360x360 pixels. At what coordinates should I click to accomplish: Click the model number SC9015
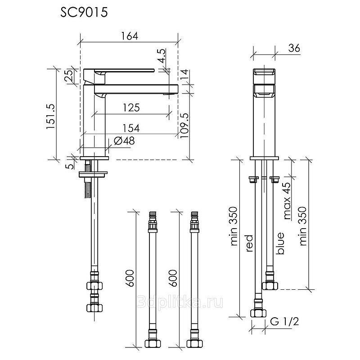[84, 13]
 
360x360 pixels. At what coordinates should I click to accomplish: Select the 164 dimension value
[130, 36]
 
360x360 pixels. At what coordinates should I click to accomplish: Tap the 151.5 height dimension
[51, 117]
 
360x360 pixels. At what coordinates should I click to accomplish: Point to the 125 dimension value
[131, 108]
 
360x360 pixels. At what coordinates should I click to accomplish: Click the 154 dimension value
[131, 128]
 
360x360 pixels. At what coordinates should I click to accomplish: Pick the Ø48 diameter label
[124, 141]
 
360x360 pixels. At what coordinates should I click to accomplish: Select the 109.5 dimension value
[184, 126]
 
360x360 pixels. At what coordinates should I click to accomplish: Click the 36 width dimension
[294, 48]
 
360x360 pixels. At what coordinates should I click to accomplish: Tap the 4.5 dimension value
[162, 56]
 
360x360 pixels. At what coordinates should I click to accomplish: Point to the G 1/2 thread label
[284, 322]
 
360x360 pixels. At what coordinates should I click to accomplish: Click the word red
[249, 243]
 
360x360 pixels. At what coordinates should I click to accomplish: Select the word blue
[280, 243]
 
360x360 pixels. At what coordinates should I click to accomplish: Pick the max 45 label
[287, 201]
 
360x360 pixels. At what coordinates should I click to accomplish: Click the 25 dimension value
[69, 76]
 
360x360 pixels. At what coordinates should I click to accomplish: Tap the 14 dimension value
[184, 74]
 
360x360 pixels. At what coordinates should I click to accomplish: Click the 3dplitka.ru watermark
[180, 302]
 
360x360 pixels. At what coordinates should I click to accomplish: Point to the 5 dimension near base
[72, 166]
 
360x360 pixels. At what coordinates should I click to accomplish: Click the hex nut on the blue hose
[270, 286]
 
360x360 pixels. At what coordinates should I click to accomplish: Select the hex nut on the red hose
[258, 313]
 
